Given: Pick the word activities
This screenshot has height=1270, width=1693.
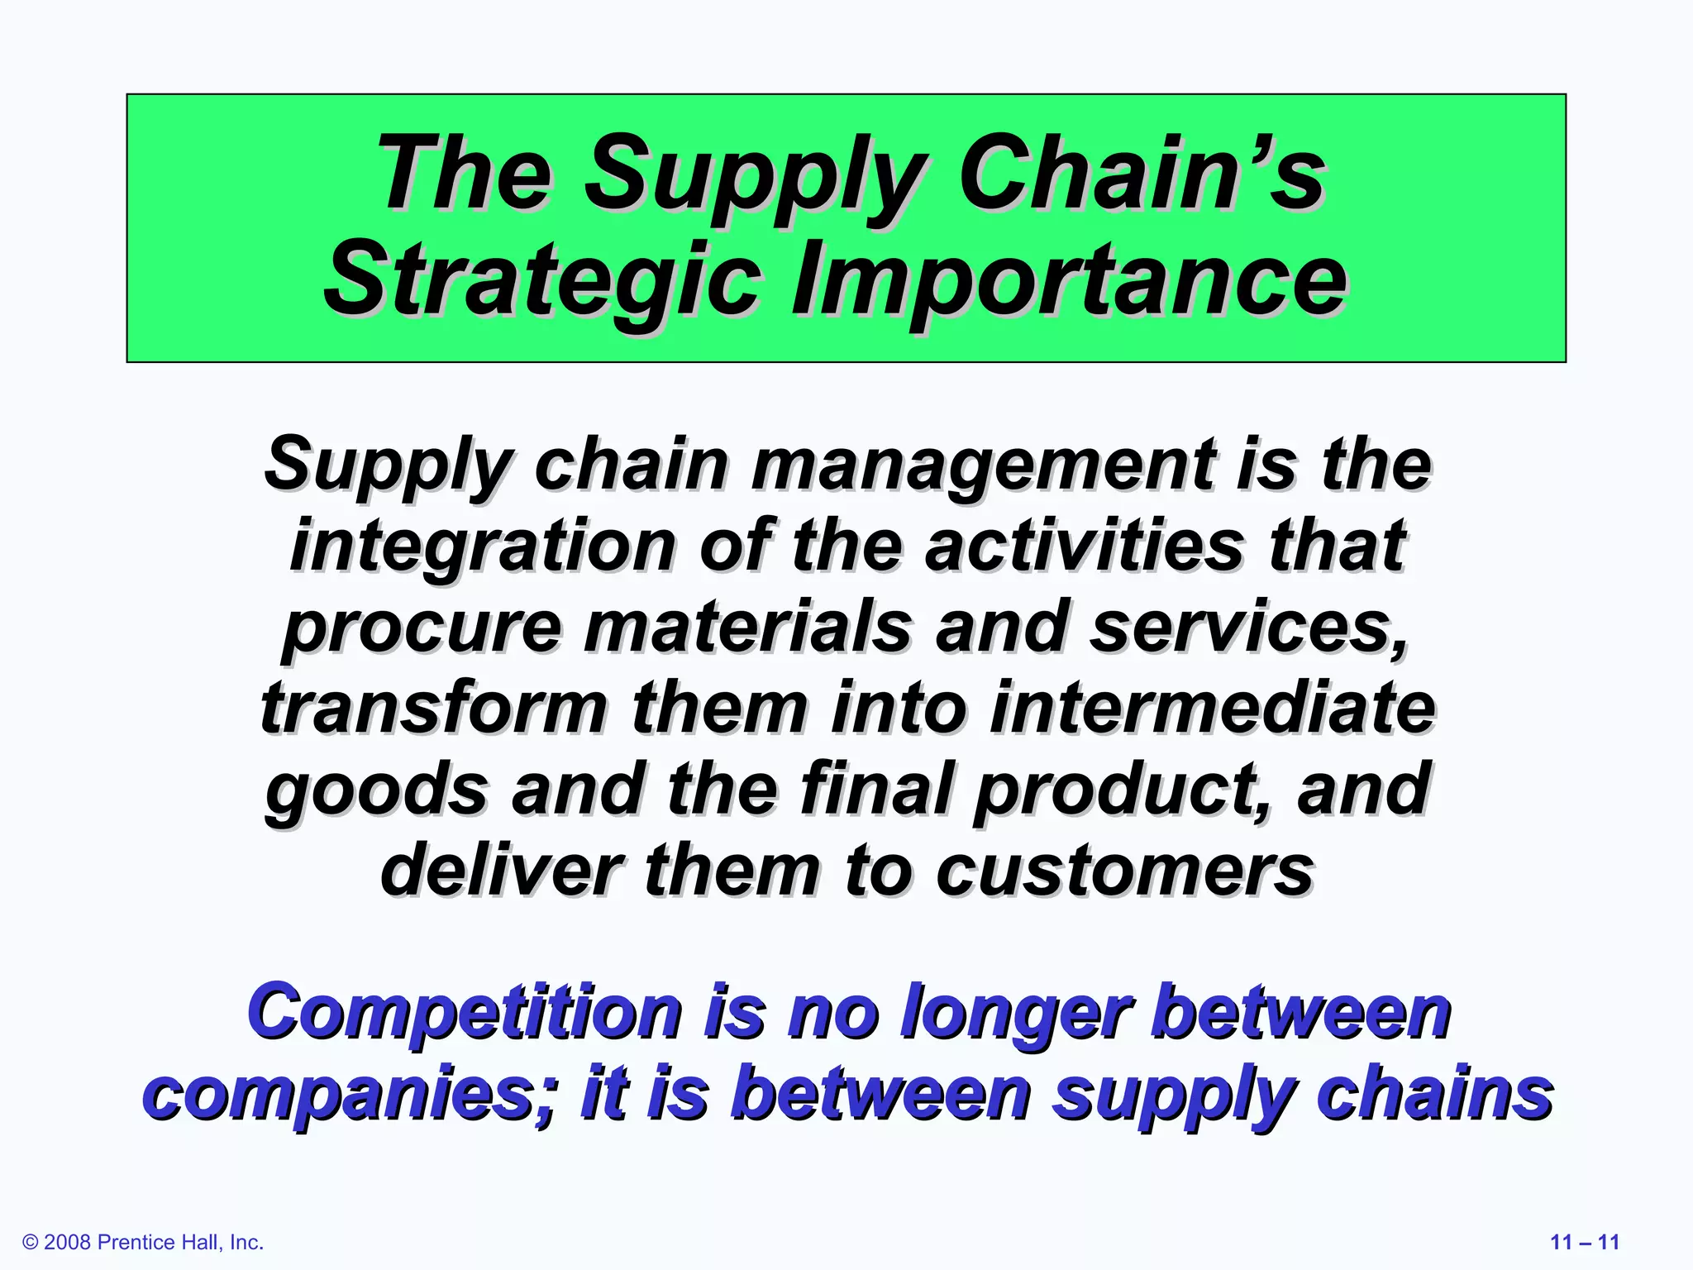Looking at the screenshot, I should click(x=1084, y=546).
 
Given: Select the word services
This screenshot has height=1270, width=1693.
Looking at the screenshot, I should click(x=1249, y=627).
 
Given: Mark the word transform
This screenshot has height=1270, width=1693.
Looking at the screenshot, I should click(x=434, y=708).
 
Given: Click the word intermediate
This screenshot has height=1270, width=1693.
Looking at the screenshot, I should click(x=1212, y=708).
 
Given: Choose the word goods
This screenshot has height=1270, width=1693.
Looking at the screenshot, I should click(x=377, y=790).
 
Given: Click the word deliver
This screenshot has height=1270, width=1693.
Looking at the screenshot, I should click(x=501, y=870).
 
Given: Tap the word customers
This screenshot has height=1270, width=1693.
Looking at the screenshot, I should click(x=1124, y=871).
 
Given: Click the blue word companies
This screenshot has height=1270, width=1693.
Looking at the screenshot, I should click(x=348, y=1095).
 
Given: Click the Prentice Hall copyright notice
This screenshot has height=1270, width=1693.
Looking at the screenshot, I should click(x=143, y=1243).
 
